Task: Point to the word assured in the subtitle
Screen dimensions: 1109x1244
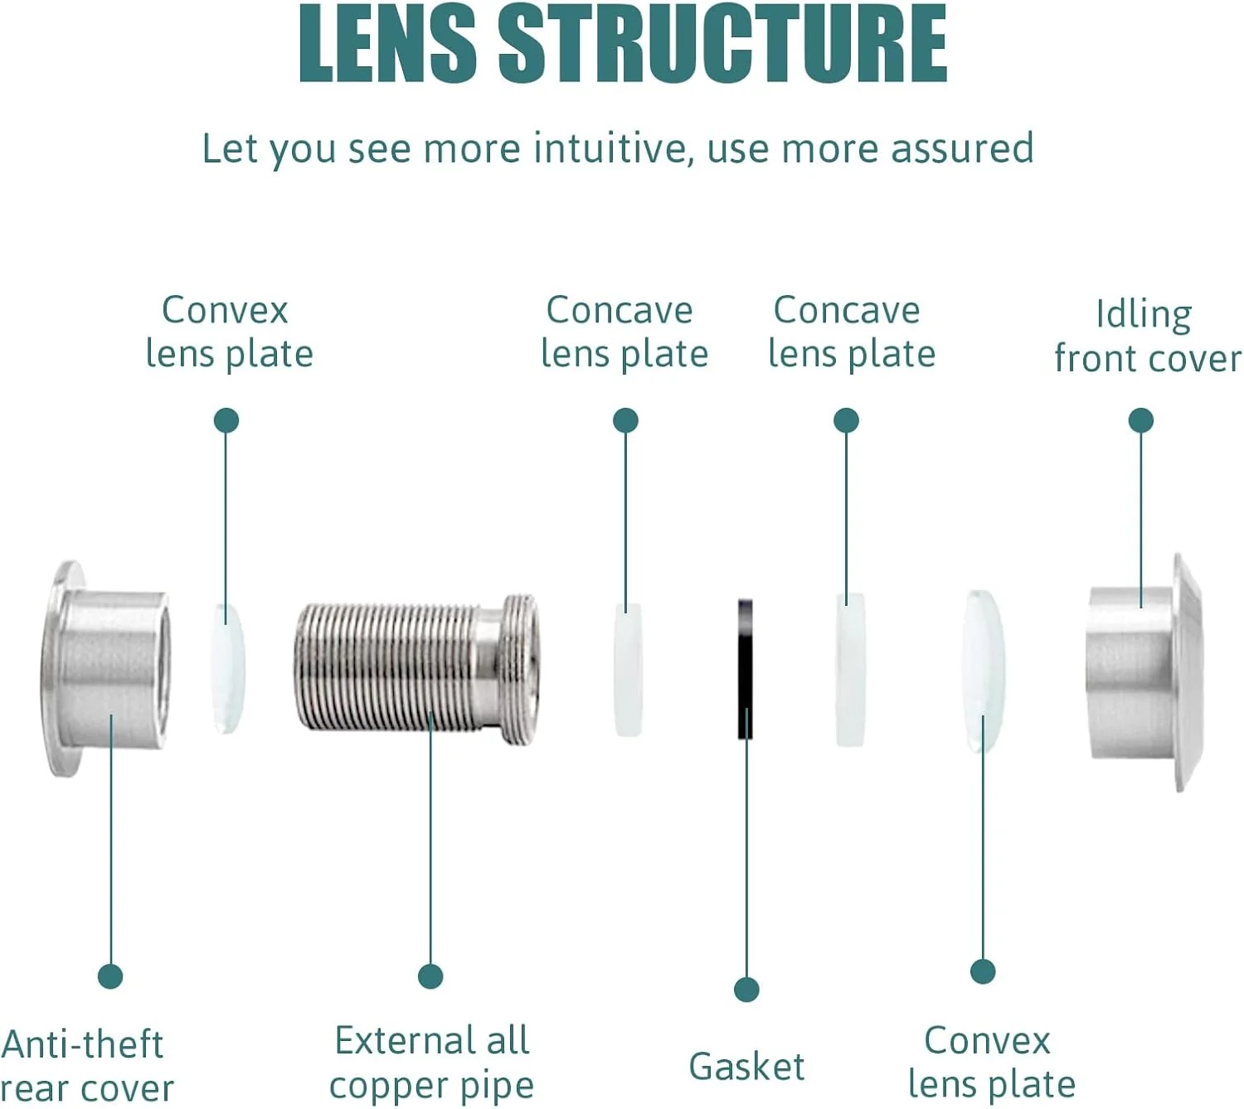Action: (962, 149)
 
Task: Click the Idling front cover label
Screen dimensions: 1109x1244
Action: (1147, 337)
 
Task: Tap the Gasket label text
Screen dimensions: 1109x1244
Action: (746, 1066)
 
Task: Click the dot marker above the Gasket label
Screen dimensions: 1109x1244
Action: (746, 989)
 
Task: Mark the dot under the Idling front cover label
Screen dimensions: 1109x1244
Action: (1141, 420)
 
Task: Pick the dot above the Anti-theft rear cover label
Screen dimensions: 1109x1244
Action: (110, 976)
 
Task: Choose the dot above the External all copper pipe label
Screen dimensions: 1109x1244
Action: (430, 976)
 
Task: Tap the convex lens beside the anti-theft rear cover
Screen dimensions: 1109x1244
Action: (226, 668)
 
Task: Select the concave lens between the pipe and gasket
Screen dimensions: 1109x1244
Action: (628, 670)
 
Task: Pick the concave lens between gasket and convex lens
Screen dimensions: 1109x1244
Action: (850, 670)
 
